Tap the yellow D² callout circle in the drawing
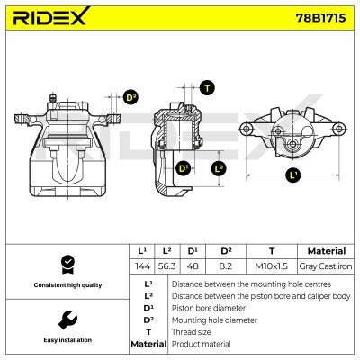[130, 97]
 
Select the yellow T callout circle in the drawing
[208, 87]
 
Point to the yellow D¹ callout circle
[184, 168]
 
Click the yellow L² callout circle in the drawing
[218, 168]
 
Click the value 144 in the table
[141, 266]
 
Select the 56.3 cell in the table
[166, 266]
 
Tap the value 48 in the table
[192, 266]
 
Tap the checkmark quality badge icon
[66, 263]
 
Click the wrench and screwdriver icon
[66, 319]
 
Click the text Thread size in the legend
[193, 331]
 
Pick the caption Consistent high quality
[66, 284]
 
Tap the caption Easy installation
[66, 341]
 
